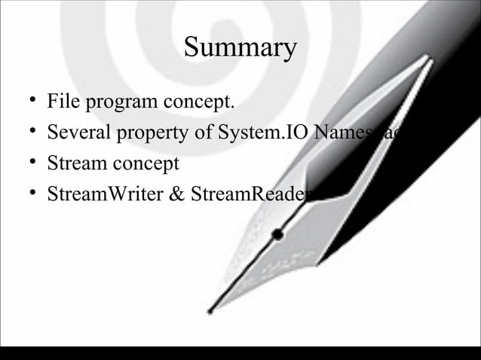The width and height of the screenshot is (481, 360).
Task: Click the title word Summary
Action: [240, 48]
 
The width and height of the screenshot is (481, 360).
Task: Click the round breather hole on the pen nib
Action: [277, 234]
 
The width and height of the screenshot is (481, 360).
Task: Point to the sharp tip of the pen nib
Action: [210, 311]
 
